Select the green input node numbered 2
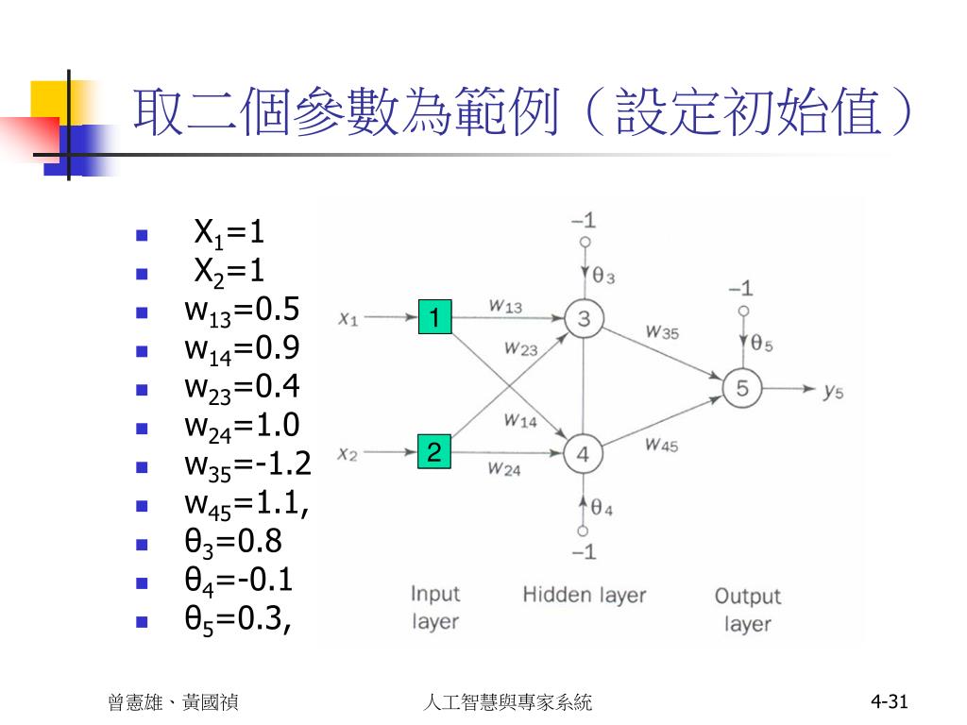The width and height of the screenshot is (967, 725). coord(434,452)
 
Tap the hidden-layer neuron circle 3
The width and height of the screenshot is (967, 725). coord(584,319)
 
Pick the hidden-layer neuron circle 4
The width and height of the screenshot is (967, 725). coord(583,454)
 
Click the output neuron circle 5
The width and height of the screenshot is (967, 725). coord(742,388)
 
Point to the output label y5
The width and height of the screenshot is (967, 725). coord(832,390)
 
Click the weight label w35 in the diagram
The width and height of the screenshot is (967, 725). coord(662,331)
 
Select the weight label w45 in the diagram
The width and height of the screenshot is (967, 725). coord(661,446)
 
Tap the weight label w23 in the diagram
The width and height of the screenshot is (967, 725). coord(520,349)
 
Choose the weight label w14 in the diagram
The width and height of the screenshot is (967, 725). coord(519,421)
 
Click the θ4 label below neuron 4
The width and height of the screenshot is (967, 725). coord(602,508)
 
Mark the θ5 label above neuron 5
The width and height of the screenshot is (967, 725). coord(762,346)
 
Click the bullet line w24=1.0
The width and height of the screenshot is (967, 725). coord(242,426)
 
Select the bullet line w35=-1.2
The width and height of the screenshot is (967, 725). coord(247,464)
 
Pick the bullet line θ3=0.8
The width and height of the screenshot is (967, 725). coord(233,542)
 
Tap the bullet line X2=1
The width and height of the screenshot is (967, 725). coord(229,271)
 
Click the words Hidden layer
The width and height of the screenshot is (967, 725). coord(585,595)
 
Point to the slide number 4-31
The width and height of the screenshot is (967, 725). coord(889,701)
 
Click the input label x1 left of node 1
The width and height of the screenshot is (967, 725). coord(348,319)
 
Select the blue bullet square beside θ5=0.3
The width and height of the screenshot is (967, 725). coord(143,622)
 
